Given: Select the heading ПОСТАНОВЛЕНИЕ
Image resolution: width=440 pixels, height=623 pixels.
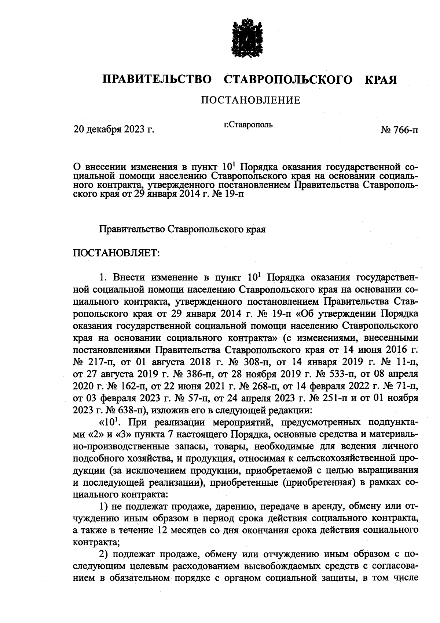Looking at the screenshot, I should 250,100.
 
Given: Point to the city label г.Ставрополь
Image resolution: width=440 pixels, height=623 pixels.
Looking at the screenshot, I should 248,125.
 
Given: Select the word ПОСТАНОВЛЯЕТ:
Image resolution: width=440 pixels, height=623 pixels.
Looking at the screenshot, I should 116,253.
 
